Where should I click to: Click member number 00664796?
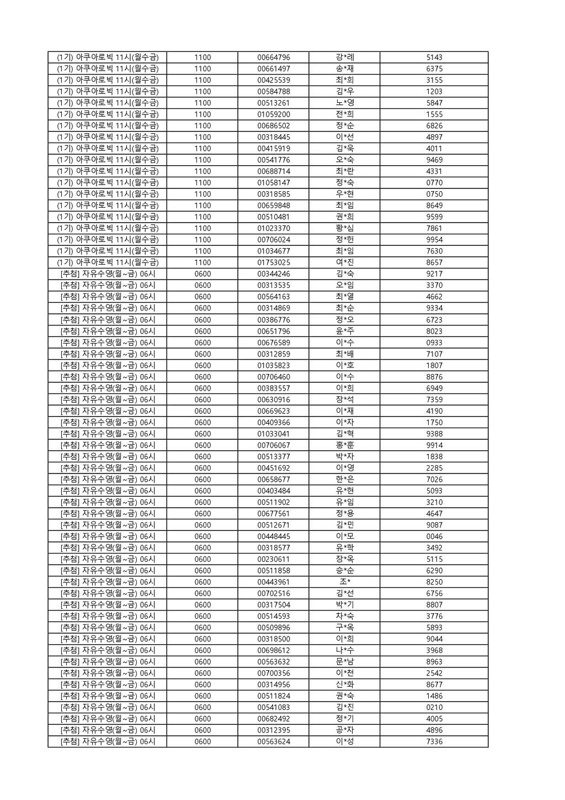pos(273,57)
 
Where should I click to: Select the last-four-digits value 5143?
pos(434,57)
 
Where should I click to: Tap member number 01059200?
pos(273,114)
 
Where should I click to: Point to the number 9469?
pos(434,160)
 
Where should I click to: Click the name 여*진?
pos(344,262)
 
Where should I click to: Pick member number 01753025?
pos(273,262)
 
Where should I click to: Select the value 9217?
pos(434,274)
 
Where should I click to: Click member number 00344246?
pos(273,274)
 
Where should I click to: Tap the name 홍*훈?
pos(344,445)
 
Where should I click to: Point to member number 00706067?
pos(273,445)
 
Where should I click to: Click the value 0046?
pos(434,536)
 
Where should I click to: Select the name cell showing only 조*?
pos(344,582)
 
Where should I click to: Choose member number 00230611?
pos(273,559)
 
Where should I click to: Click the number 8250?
pos(434,582)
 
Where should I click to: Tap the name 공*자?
pos(344,730)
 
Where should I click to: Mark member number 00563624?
pos(273,741)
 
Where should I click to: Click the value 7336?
pos(434,741)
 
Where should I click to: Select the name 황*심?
pos(344,228)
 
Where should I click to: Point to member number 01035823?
pos(273,365)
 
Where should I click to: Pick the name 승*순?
pos(344,571)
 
